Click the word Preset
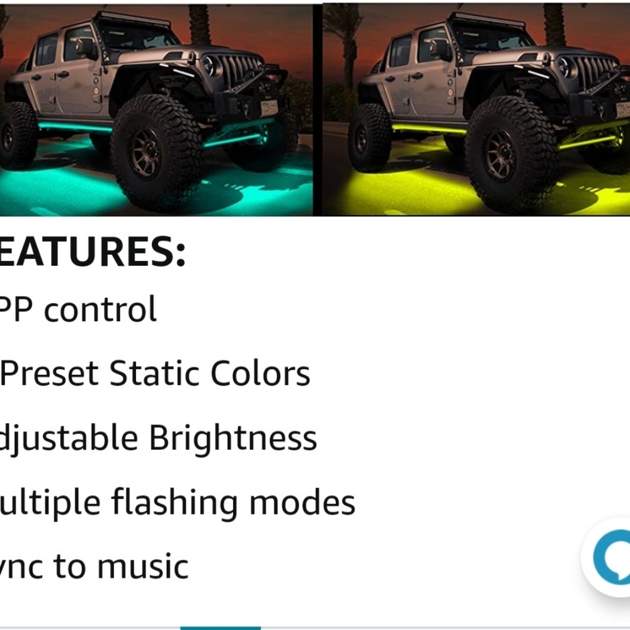50,374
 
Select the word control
101,309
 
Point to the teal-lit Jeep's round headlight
210,65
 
